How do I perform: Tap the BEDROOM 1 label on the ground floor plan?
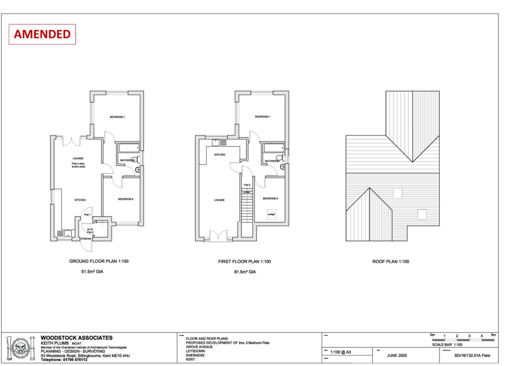117,117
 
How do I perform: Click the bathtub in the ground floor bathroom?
128,149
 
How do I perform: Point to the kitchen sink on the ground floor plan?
65,234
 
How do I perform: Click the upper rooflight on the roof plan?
397,193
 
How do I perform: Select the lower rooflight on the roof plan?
422,214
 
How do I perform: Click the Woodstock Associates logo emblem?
21,348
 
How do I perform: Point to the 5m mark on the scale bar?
493,335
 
